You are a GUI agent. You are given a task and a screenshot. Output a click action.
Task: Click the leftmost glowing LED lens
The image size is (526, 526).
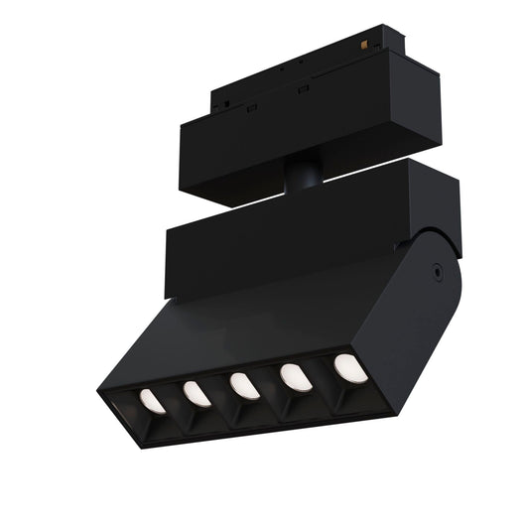[x=152, y=400]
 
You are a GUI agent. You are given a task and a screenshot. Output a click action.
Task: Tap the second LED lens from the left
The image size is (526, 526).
[x=197, y=394]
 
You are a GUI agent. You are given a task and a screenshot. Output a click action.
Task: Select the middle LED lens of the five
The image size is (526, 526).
[x=244, y=385]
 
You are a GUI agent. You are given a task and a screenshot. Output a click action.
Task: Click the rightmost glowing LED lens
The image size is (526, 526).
[x=348, y=367]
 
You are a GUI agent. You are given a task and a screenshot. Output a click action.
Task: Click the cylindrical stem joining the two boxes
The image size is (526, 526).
[x=301, y=177]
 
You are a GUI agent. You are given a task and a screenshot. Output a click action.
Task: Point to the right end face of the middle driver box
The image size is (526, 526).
[x=445, y=208]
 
